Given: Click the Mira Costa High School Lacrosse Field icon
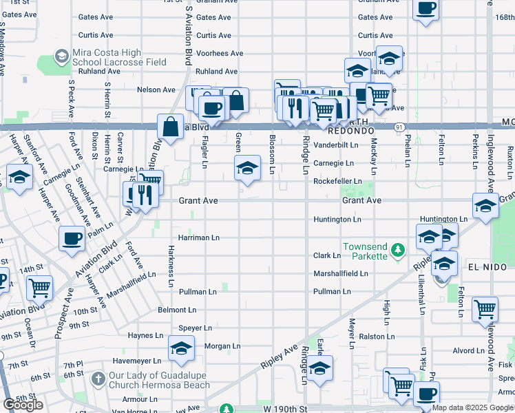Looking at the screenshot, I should pos(61,56).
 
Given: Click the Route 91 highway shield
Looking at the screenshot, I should pos(399,127).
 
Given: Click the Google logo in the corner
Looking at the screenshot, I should pos(23,405).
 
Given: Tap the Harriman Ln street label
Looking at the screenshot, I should pos(198,237).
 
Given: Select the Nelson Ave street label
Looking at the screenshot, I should pos(156,89).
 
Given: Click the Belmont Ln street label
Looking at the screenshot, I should pos(177,310).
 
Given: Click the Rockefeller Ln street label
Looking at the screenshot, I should pos(337,181).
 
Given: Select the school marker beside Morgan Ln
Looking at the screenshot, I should pos(181,350).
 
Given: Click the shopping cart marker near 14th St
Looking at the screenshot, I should pos(39,287).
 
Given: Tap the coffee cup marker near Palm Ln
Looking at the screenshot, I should pos(72,239).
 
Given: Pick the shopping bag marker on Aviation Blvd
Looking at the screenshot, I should pos(170,127).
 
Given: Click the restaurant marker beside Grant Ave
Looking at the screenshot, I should pos(144,195).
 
